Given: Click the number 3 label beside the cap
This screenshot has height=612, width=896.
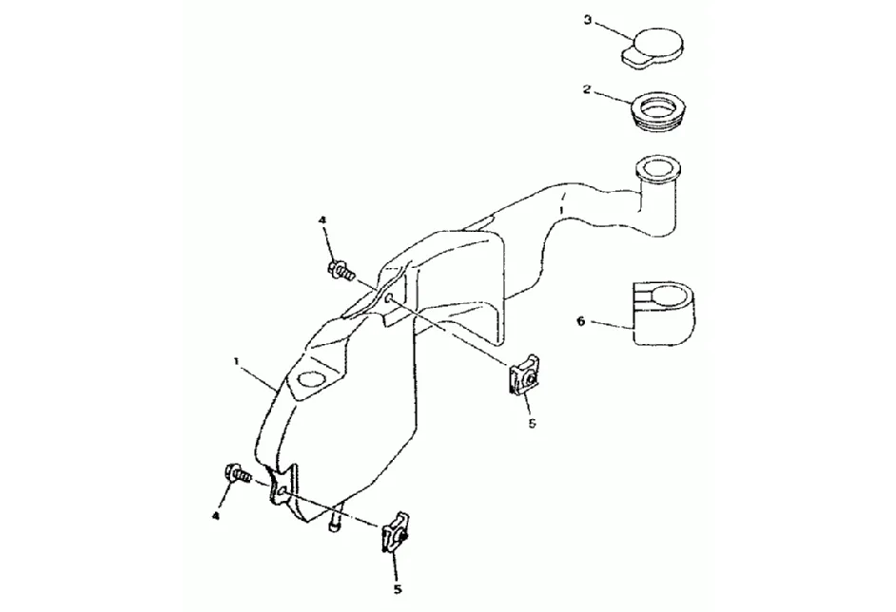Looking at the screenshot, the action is [x=588, y=20].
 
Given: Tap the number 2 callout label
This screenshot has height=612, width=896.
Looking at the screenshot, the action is [x=588, y=90].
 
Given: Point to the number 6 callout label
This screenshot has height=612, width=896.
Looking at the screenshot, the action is [x=580, y=321].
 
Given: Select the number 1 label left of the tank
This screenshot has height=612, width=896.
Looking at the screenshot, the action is [x=236, y=361].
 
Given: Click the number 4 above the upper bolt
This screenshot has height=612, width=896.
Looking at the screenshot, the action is [x=322, y=220].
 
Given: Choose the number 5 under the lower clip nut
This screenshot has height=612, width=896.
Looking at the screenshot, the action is [x=398, y=588].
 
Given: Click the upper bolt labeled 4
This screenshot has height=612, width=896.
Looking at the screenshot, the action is [x=341, y=271].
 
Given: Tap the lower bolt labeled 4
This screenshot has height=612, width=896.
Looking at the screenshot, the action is [x=236, y=472].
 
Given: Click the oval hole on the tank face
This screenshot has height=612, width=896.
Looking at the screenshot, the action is [x=309, y=382].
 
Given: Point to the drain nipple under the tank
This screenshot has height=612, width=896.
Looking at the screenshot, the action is [x=335, y=525].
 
